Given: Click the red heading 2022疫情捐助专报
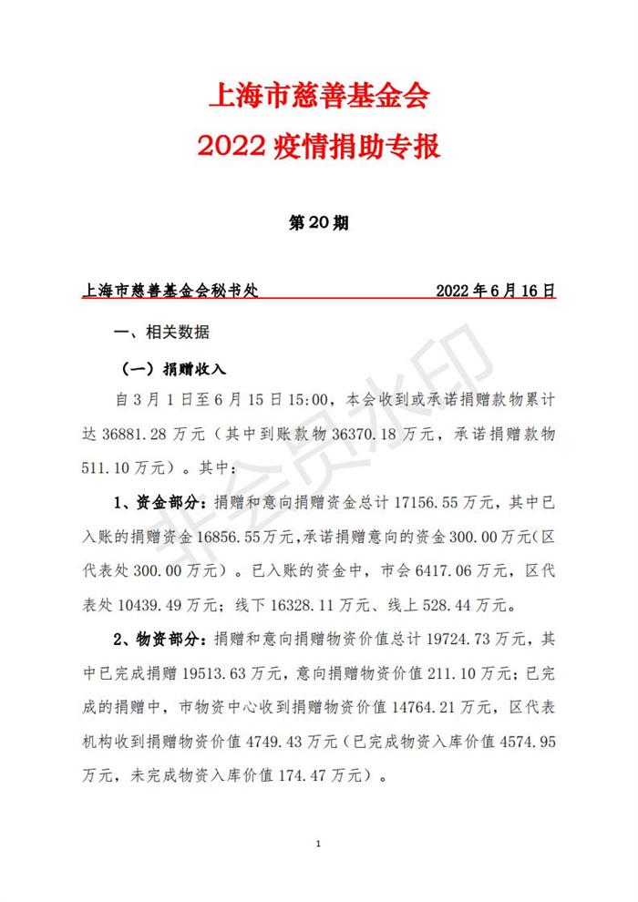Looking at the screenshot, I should pos(319,146).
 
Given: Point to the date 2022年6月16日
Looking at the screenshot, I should pos(496,292).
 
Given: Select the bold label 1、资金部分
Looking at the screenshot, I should pos(160,502).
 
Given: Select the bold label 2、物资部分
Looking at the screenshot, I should pos(160,639).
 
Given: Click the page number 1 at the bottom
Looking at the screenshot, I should pos(318,845).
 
